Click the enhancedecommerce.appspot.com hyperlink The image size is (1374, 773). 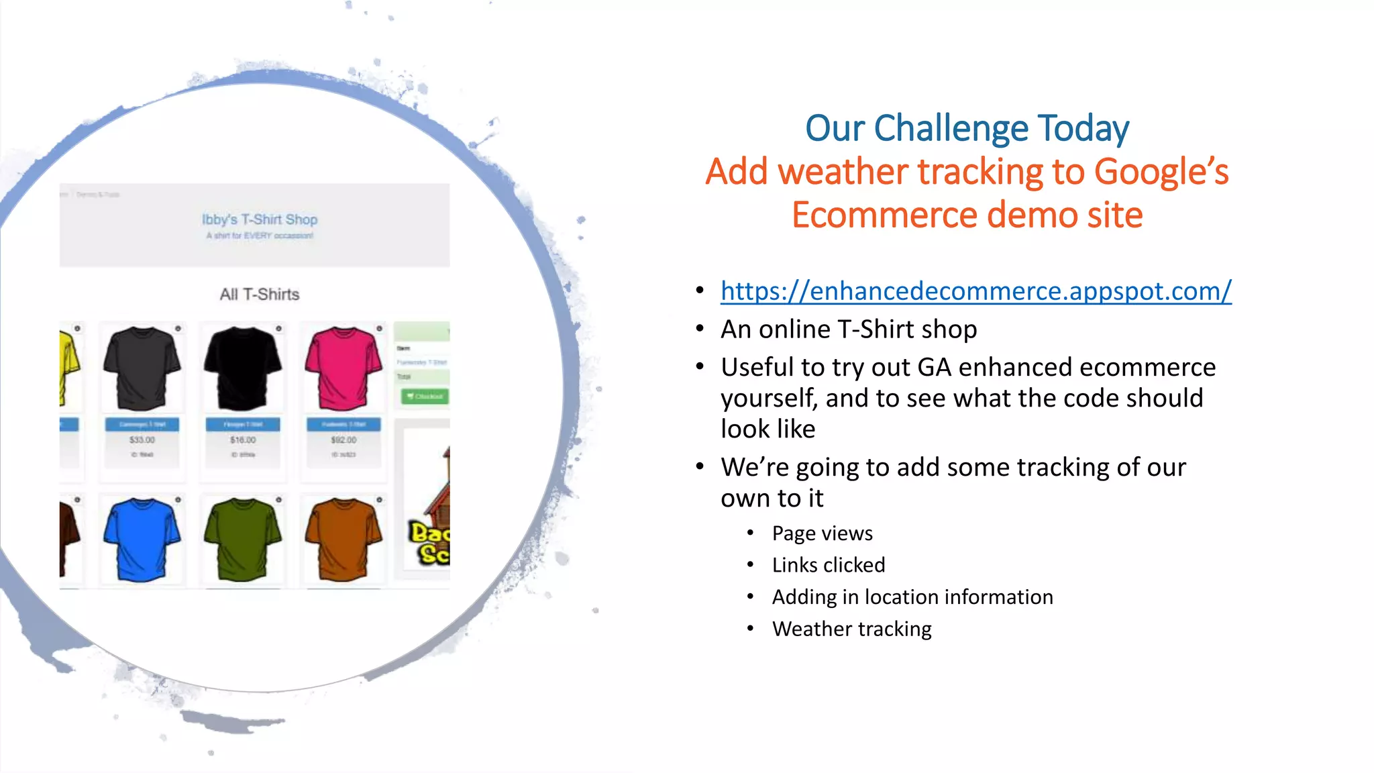pos(975,291)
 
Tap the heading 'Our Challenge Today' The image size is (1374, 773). pos(967,128)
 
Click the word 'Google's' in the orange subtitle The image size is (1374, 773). pos(1161,172)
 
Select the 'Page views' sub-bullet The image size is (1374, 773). pos(822,533)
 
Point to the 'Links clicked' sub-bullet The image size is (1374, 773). pos(828,565)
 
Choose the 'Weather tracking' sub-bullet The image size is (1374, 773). pos(851,629)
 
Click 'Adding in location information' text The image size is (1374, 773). pos(912,597)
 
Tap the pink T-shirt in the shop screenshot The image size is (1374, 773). pos(343,368)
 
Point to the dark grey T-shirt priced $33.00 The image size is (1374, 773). pos(142,368)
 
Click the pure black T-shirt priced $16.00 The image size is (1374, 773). pos(242,368)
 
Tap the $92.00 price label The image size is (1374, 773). pos(343,440)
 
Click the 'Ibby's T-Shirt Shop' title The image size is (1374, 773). pos(260,219)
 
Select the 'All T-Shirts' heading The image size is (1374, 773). pos(260,295)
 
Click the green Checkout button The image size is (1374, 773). pos(425,397)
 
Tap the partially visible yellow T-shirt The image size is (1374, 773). pos(69,366)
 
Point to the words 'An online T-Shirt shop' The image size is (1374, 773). pos(848,329)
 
